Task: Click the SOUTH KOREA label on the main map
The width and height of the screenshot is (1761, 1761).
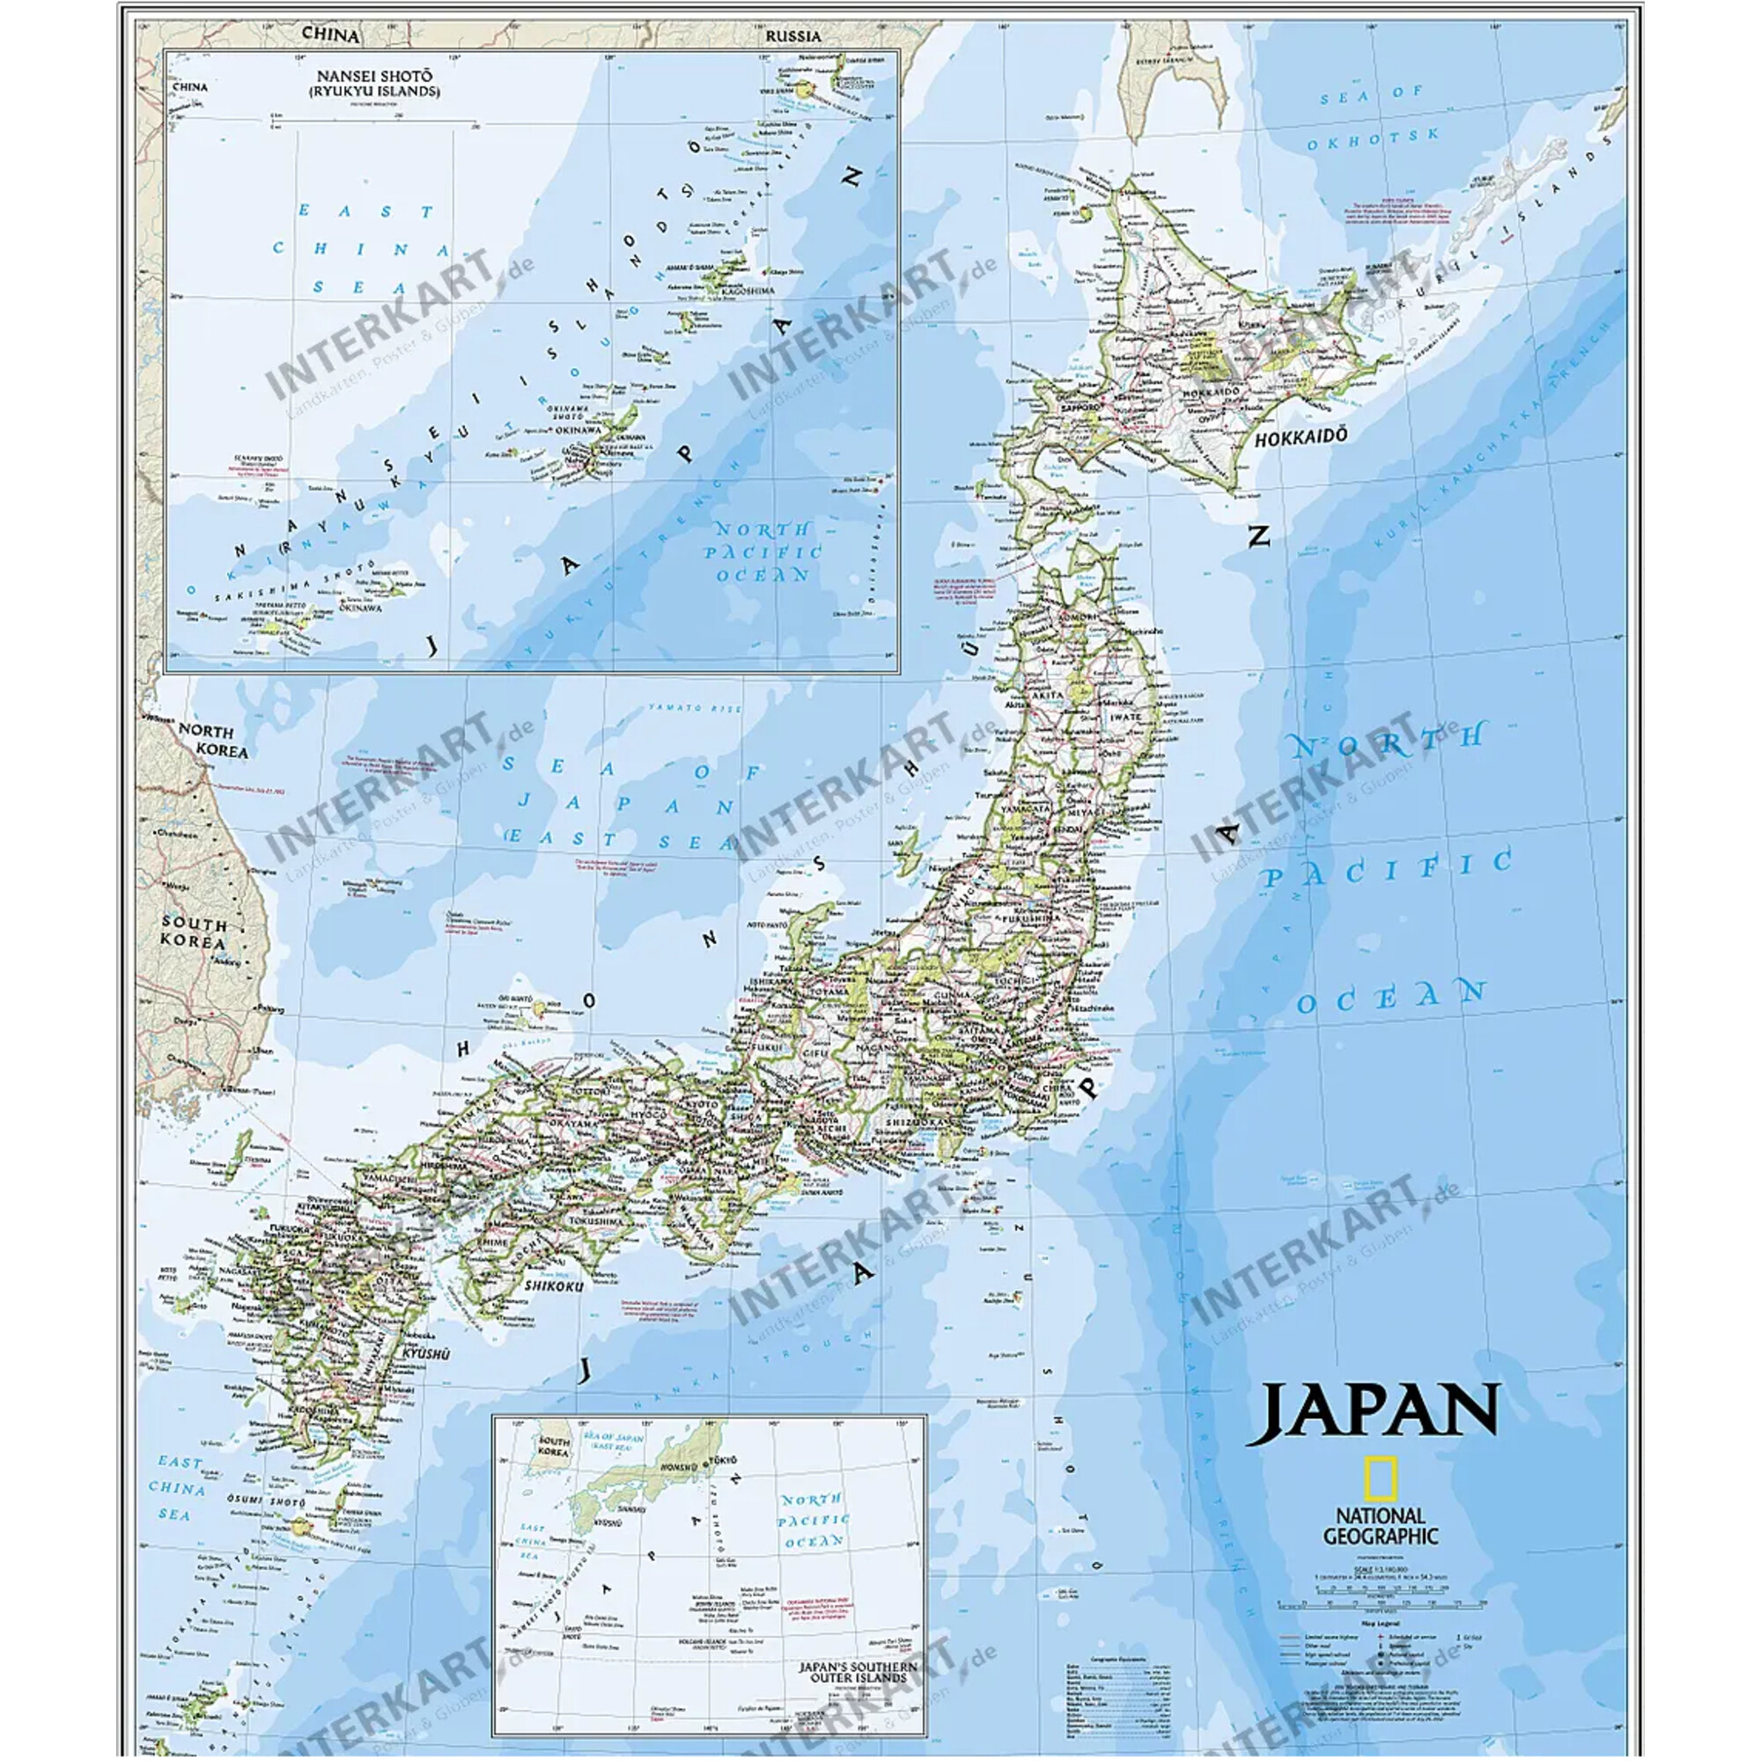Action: pos(193,932)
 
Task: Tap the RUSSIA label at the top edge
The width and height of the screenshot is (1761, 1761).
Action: pos(792,36)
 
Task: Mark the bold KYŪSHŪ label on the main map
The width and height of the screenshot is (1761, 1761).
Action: pos(426,1354)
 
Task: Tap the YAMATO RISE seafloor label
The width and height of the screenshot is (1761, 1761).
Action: pos(695,708)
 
